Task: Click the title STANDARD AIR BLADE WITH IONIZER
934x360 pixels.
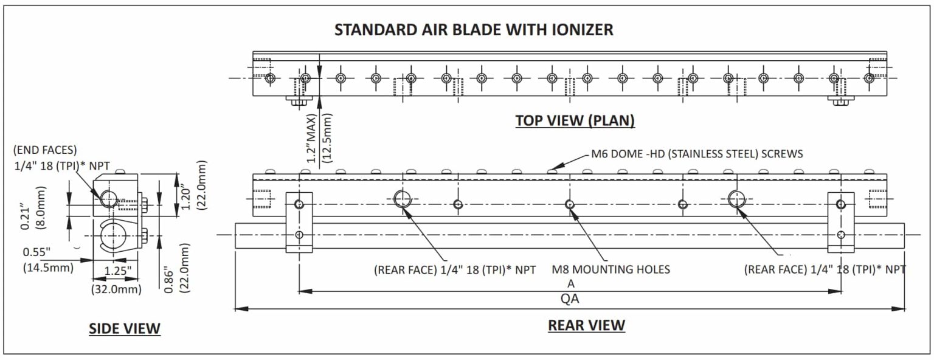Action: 474,30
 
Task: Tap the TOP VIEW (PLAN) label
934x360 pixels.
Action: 575,120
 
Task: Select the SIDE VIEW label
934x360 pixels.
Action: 124,329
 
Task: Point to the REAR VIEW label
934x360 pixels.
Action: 586,325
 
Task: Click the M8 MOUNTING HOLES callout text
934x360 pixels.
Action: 611,269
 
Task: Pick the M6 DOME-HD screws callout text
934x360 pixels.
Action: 697,154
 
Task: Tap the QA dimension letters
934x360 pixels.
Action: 570,299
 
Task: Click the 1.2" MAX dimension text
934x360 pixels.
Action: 312,139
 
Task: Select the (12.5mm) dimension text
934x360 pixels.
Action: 327,139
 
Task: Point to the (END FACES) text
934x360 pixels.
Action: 45,150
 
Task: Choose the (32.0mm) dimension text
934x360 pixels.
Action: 116,289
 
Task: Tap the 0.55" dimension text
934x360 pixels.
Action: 36,252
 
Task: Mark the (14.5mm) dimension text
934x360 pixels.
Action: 49,268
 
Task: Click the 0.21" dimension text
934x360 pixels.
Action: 25,217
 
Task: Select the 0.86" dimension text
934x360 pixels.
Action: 168,280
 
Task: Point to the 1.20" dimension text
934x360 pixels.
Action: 186,199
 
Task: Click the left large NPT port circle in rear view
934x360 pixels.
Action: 403,199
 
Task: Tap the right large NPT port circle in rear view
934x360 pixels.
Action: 737,199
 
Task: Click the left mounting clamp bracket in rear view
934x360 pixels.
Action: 299,223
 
